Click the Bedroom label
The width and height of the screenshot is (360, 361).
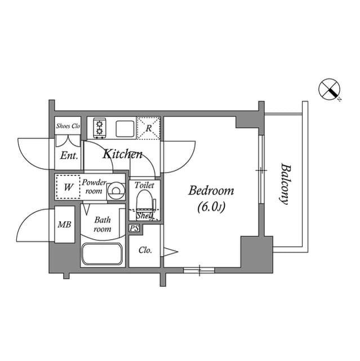click(211, 191)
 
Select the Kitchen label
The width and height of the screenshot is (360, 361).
click(122, 154)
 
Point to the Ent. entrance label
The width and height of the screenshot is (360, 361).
click(69, 156)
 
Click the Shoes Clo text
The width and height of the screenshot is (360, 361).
click(68, 126)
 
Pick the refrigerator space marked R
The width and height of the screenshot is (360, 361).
click(149, 128)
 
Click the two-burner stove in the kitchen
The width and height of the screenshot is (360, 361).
click(100, 128)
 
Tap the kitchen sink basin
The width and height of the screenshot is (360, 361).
click(125, 129)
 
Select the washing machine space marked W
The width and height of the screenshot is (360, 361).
click(68, 187)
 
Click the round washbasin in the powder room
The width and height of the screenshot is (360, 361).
click(116, 191)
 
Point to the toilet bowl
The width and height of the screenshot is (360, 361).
click(144, 201)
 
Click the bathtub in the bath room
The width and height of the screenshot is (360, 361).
click(102, 254)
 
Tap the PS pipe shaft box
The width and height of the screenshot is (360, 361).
click(134, 228)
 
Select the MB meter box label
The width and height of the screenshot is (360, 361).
click(64, 224)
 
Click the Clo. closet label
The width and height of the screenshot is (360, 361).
click(145, 250)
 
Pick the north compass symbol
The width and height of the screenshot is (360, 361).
click(329, 89)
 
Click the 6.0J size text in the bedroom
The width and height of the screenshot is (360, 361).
click(211, 207)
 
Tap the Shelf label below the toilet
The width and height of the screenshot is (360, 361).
click(144, 215)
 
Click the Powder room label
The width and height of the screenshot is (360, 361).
click(94, 187)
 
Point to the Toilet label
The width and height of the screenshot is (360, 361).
click(144, 185)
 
